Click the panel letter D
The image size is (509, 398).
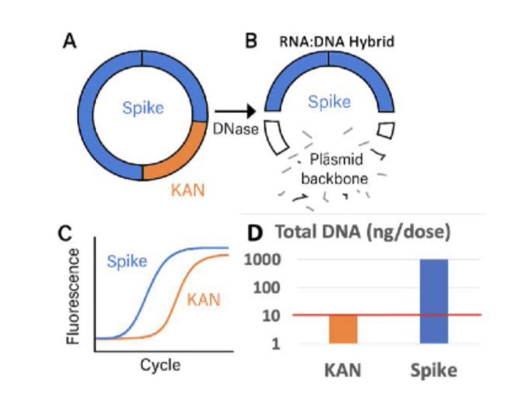pyautogui.click(x=256, y=233)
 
